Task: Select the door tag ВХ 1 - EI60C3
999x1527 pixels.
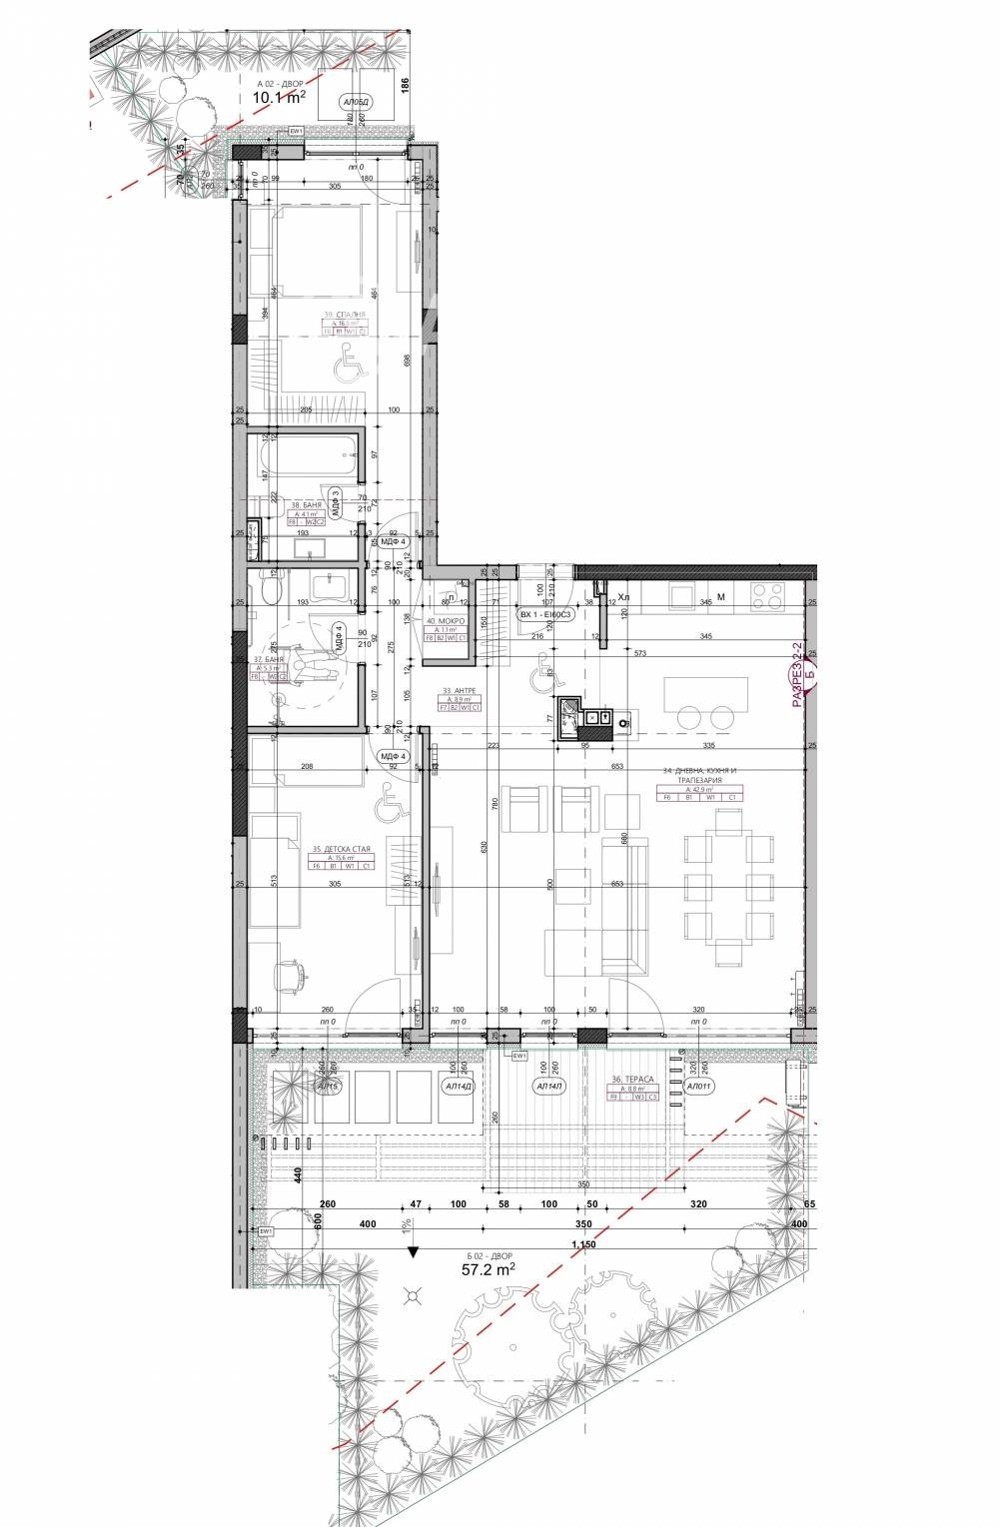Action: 544,614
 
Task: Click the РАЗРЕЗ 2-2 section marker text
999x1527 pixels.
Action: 797,676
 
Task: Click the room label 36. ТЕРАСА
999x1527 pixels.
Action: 632,1080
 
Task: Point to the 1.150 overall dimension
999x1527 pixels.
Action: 583,1243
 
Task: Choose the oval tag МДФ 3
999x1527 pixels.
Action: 337,500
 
